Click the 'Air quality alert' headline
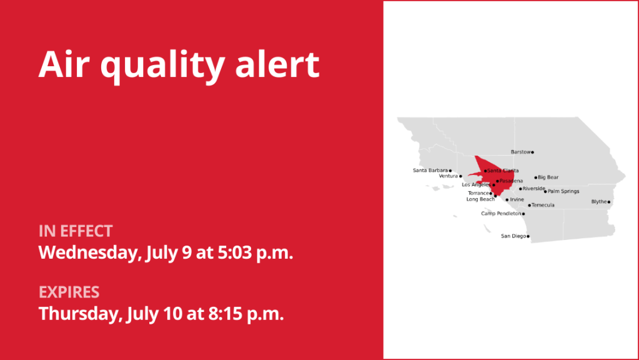tap(179, 64)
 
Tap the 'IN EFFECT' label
tap(76, 231)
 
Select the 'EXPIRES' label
tap(69, 292)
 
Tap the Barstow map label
tap(520, 152)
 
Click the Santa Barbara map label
tap(430, 170)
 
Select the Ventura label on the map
tap(448, 176)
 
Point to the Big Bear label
tap(548, 177)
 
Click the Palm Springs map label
tap(563, 191)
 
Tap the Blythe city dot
tap(609, 202)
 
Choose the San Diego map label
tap(513, 236)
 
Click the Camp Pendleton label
tap(501, 214)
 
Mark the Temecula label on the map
tap(543, 205)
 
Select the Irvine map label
tap(517, 200)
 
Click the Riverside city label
tap(534, 189)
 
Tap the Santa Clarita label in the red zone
tap(503, 171)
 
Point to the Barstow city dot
tap(532, 152)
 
